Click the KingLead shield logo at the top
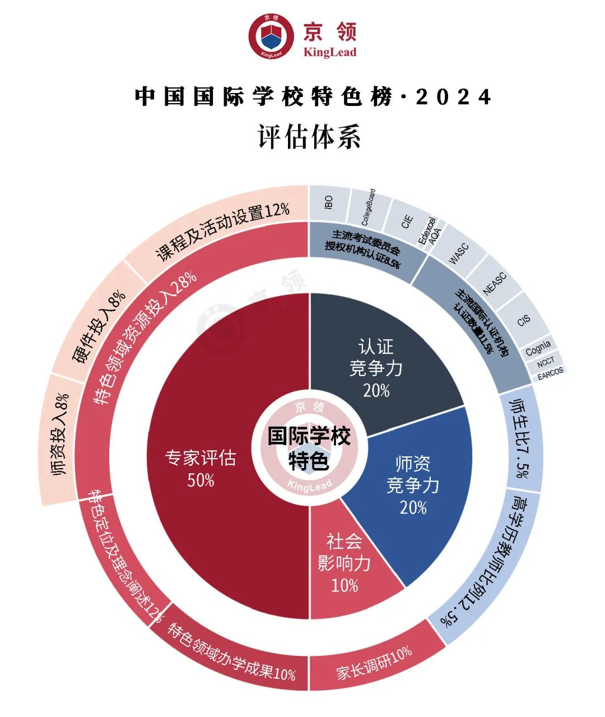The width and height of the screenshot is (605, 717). pos(272,36)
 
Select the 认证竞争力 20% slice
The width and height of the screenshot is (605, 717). pos(376,368)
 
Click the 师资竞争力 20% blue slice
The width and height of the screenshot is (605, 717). pos(413,484)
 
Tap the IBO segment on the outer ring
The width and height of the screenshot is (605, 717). pos(329,202)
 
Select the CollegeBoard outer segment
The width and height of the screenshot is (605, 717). pos(368,207)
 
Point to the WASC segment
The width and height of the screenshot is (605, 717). pos(459,253)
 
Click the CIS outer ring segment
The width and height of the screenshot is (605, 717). pos(523,320)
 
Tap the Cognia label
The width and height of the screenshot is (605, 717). pos(538,348)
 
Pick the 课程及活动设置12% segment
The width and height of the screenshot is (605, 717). pos(222,232)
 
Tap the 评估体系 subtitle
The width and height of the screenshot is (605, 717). pos(309,136)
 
